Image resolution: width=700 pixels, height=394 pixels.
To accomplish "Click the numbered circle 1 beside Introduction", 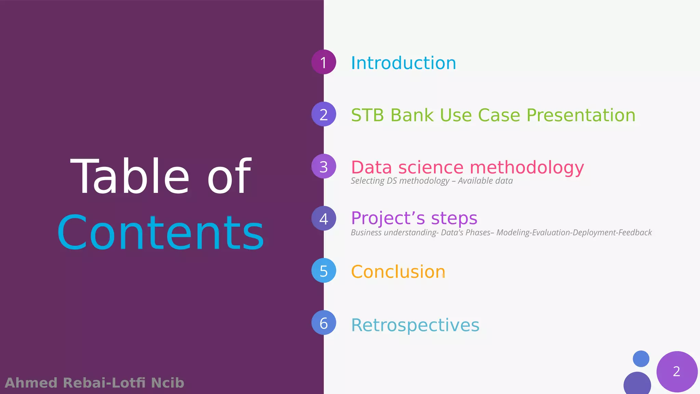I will [x=324, y=62].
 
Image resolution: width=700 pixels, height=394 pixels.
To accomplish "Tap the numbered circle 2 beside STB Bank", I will [x=324, y=114].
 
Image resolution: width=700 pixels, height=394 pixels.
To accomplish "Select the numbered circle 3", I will [x=324, y=167].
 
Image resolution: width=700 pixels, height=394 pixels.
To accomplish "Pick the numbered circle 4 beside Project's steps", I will [x=324, y=219].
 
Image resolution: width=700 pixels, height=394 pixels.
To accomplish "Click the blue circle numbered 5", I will [x=324, y=271].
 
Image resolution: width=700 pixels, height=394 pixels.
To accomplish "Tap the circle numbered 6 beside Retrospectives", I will [x=324, y=323].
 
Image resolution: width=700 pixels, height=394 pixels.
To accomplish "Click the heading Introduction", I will [x=403, y=63].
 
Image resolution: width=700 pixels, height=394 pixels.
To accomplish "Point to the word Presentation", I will [x=581, y=115].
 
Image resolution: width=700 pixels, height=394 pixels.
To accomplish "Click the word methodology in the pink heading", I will [x=527, y=168].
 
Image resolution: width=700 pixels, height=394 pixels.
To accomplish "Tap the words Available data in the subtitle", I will [x=485, y=181].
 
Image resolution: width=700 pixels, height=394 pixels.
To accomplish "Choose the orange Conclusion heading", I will [x=398, y=272].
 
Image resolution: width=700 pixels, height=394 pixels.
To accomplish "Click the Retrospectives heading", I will [x=415, y=325].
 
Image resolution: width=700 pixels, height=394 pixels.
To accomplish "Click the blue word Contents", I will [x=161, y=233].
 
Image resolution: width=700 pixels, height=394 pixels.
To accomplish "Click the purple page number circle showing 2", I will [x=677, y=371].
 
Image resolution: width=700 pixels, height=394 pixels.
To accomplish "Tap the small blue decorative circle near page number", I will [x=641, y=359].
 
